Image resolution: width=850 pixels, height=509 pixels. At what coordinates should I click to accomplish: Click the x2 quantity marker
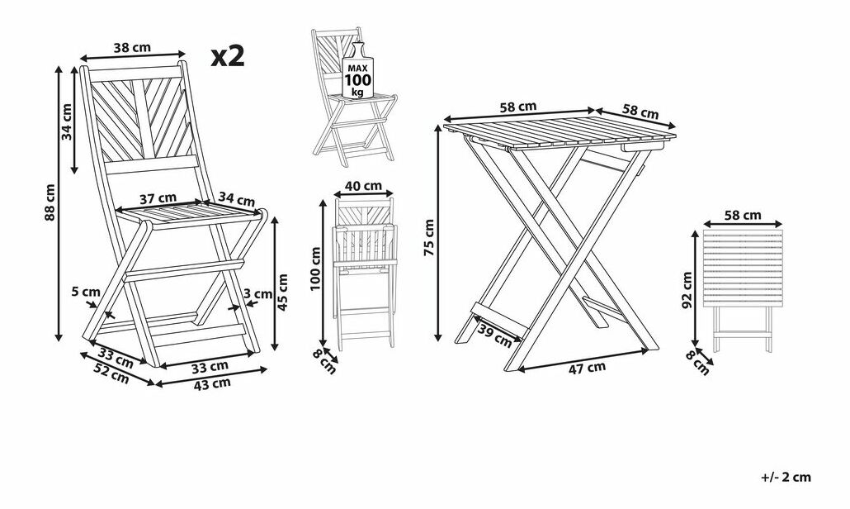[x=228, y=56]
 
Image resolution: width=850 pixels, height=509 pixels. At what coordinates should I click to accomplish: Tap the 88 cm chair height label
[x=50, y=202]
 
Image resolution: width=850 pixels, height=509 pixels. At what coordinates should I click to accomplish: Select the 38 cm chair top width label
[x=132, y=47]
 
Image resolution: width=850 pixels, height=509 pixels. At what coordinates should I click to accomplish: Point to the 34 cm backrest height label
[x=66, y=121]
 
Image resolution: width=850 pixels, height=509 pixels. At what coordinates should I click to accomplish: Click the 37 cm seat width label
[x=158, y=198]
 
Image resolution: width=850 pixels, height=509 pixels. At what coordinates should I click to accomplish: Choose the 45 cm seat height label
[x=282, y=292]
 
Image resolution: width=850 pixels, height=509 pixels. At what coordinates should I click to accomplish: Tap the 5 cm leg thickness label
[x=86, y=292]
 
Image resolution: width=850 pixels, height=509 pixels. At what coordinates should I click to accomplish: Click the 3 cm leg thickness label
[x=258, y=294]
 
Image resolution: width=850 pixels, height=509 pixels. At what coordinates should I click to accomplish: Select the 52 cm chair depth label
[x=111, y=373]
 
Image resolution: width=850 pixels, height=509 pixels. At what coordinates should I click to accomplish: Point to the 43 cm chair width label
[x=213, y=383]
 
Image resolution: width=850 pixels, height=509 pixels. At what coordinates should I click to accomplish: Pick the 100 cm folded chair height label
[x=315, y=269]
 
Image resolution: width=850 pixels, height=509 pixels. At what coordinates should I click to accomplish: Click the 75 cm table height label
[x=429, y=237]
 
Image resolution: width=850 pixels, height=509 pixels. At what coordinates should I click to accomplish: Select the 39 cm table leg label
[x=495, y=335]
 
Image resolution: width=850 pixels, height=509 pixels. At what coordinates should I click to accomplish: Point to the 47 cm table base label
[x=587, y=369]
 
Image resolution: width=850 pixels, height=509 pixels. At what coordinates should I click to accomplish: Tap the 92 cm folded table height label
[x=687, y=290]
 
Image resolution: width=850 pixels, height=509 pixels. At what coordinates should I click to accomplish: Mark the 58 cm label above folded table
[x=743, y=215]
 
